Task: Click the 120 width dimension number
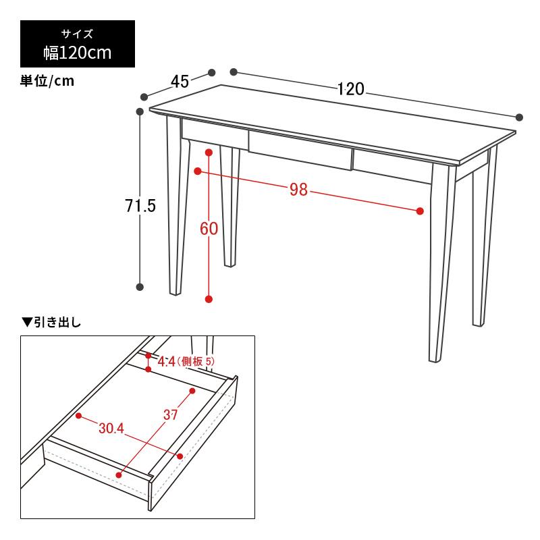point(351,88)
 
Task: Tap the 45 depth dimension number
point(179,82)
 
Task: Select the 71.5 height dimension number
point(140,207)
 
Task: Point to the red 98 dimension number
point(298,190)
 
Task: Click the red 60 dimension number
point(209,229)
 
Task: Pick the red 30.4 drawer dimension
point(111,428)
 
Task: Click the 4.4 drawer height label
point(166,362)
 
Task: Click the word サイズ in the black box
point(78,33)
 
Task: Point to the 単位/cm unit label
point(47,82)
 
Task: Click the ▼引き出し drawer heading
point(52,322)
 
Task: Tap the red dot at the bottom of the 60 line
point(209,299)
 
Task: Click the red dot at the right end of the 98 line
point(420,211)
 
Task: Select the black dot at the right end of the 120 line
point(519,117)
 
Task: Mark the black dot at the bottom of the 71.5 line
point(140,286)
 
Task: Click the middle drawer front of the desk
point(300,151)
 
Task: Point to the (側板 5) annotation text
point(196,362)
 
